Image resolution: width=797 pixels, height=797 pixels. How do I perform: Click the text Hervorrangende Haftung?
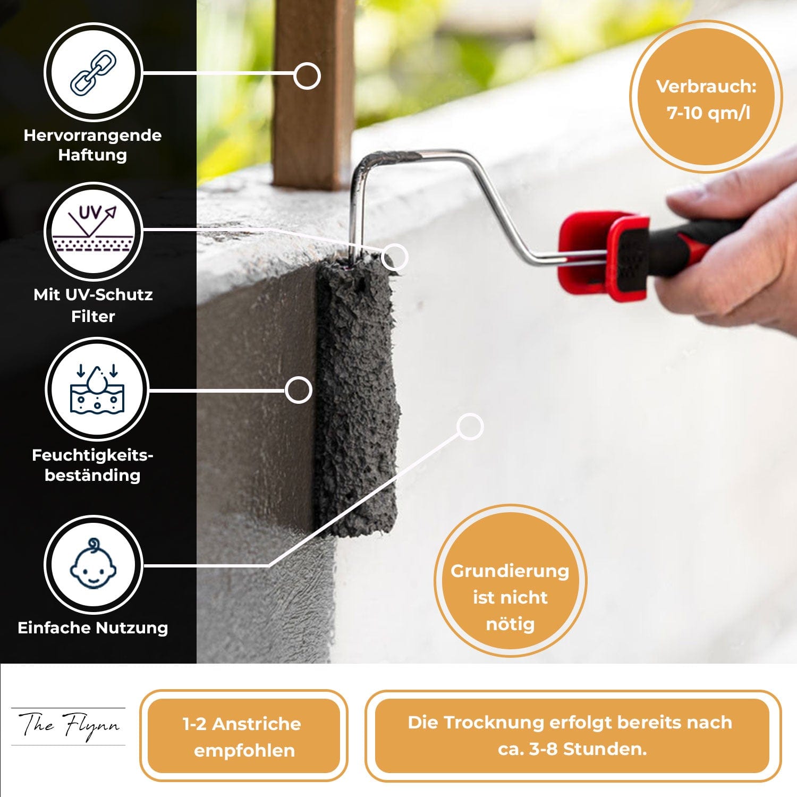pyautogui.click(x=92, y=145)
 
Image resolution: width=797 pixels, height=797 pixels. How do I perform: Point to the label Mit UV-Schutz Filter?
pyautogui.click(x=93, y=305)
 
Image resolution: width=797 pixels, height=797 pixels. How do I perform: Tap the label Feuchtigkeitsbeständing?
pyautogui.click(x=92, y=465)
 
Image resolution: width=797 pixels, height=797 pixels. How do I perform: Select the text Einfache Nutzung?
pyautogui.click(x=93, y=628)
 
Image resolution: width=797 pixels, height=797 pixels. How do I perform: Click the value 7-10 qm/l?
pyautogui.click(x=708, y=113)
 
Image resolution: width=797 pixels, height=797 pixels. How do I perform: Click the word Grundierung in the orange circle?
pyautogui.click(x=510, y=571)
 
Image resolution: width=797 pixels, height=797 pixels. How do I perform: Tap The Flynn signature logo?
pyautogui.click(x=69, y=726)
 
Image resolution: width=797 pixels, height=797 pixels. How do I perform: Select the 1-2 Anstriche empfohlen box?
pyautogui.click(x=244, y=736)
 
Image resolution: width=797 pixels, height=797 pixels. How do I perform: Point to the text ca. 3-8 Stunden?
pyautogui.click(x=572, y=749)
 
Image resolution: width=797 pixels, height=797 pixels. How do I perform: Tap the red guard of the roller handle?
pyautogui.click(x=604, y=255)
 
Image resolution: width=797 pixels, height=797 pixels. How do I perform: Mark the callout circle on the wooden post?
pyautogui.click(x=307, y=76)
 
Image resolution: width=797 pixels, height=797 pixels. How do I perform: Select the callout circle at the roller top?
pyautogui.click(x=394, y=257)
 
